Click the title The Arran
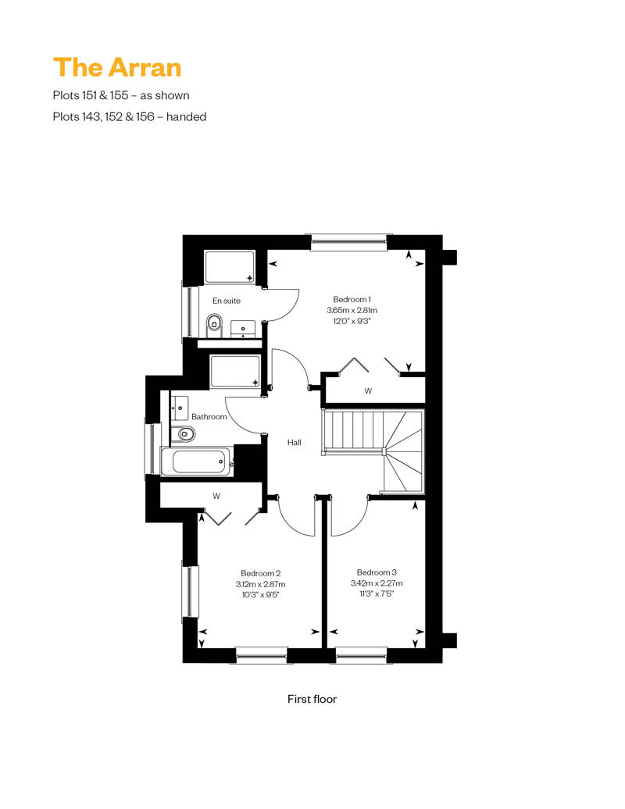point(117,68)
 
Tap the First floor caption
point(312,699)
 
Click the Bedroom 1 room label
point(352,299)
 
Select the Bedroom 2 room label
point(261,573)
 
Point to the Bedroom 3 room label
point(377,572)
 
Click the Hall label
point(295,442)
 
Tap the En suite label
point(227,301)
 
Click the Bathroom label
point(209,416)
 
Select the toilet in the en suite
point(213,324)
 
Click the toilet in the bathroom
point(184,434)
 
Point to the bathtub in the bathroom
point(198,462)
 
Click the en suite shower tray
point(230,267)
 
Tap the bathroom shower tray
point(235,372)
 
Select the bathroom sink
point(180,408)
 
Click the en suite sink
point(242,329)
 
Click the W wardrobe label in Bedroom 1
point(368,391)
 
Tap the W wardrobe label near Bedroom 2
point(216,497)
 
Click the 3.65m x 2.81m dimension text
point(352,310)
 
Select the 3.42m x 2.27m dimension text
point(377,583)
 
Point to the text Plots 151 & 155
point(91,95)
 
